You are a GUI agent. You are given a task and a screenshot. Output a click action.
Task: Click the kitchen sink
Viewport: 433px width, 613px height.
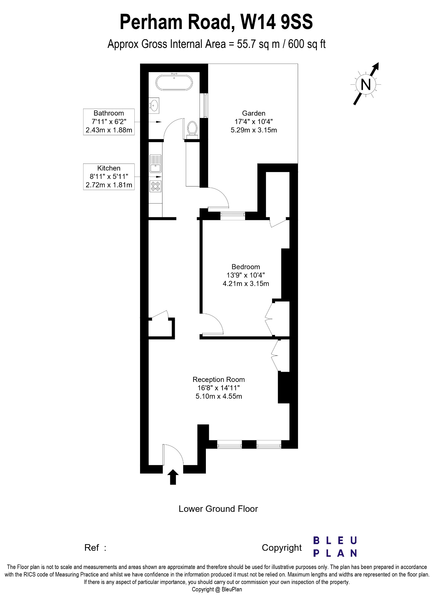[156, 164]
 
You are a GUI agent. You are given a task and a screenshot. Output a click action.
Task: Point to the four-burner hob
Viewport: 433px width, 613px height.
[156, 186]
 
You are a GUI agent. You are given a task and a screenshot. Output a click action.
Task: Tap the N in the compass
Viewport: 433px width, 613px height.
[366, 84]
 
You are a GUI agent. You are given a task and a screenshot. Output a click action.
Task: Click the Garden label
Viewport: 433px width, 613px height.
[254, 113]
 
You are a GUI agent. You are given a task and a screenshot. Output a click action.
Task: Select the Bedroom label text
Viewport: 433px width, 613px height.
[246, 267]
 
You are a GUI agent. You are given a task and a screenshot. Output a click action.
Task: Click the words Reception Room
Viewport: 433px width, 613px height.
[219, 380]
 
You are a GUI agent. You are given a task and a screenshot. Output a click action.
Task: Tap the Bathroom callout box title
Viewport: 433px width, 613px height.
[109, 113]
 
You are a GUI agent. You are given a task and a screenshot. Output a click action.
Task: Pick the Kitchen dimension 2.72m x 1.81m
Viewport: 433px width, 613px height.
[109, 185]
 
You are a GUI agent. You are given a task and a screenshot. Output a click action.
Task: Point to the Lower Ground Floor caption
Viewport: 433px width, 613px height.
[218, 509]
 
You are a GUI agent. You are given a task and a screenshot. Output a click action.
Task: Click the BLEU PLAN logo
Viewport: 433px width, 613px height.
[335, 547]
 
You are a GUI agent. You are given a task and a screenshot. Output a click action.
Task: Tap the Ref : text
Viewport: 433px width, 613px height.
[95, 548]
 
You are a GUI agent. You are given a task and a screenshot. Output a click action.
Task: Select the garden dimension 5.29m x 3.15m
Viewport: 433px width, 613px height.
[254, 130]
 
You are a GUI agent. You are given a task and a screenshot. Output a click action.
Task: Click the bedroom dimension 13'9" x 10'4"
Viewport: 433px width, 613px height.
[246, 275]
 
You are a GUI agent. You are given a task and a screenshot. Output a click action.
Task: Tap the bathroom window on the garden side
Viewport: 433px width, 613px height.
[205, 106]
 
